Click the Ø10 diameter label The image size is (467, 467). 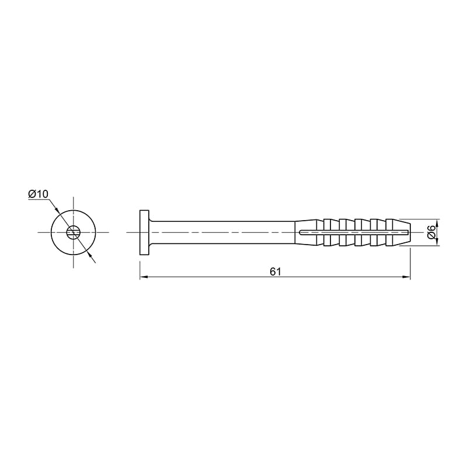(x=38, y=194)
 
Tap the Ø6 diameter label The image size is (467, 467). (x=431, y=231)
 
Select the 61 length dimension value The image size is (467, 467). (x=276, y=271)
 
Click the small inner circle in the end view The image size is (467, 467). (x=74, y=232)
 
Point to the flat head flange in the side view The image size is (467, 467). (x=144, y=232)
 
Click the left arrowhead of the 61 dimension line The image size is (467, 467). (x=144, y=277)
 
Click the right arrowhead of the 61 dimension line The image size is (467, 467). (x=406, y=277)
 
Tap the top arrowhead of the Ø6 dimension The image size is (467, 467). (x=437, y=224)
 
